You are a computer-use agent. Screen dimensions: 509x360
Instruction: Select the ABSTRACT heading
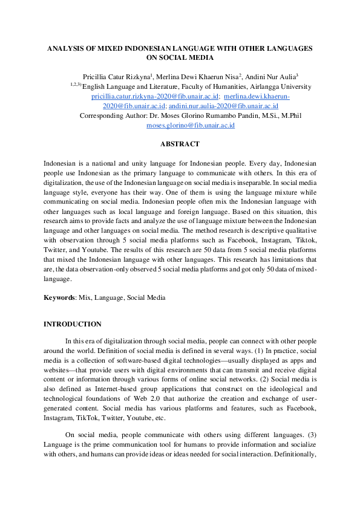[x=179, y=144]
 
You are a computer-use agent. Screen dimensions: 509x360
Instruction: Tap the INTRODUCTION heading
[x=72, y=324]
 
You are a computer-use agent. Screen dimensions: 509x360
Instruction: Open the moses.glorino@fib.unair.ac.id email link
[x=190, y=125]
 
